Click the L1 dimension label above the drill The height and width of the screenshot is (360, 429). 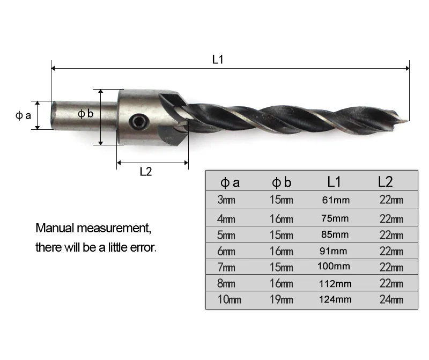(218, 60)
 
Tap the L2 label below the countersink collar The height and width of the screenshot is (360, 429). (145, 172)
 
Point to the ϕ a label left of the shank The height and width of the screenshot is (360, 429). (23, 115)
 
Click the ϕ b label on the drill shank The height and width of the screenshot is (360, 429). (85, 113)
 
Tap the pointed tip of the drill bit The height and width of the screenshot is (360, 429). (408, 120)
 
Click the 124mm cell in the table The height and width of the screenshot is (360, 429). (335, 299)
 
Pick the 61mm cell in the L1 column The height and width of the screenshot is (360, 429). (336, 200)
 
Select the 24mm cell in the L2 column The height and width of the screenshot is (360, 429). (391, 299)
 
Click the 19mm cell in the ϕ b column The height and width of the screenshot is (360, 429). (281, 299)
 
